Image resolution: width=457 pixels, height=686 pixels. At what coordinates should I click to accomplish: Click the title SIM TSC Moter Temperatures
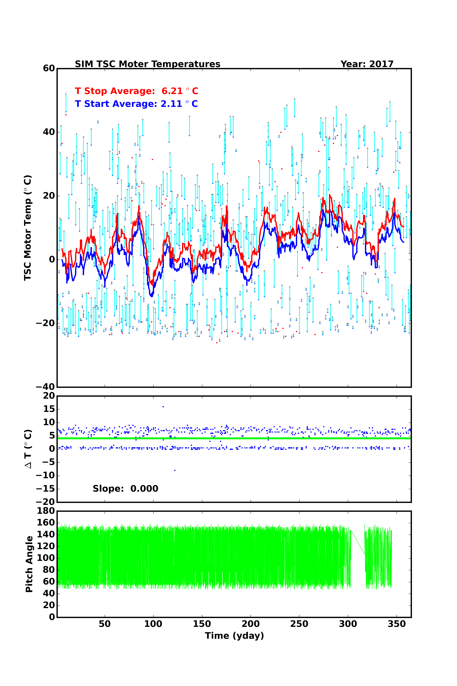[x=147, y=64]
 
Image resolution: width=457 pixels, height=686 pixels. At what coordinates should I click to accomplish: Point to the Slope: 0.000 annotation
[x=125, y=489]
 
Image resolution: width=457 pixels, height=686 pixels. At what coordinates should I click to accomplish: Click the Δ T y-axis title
[x=28, y=449]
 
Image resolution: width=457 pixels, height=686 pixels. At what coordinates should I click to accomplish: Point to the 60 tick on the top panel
[x=49, y=69]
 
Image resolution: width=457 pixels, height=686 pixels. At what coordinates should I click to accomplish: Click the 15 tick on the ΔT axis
[x=49, y=409]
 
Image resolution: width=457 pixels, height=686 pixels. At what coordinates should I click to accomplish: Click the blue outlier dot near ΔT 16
[x=163, y=407]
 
